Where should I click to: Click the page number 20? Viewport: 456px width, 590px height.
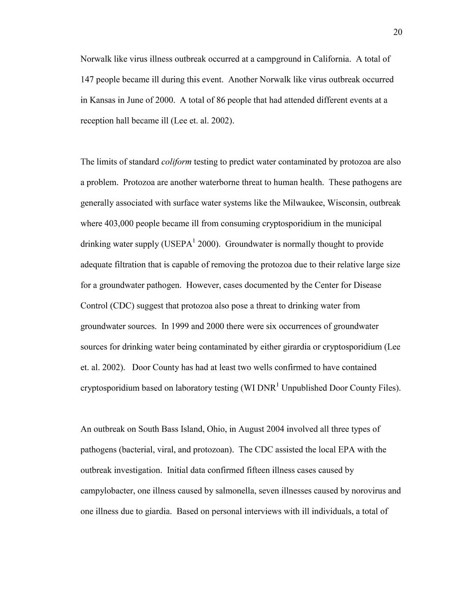[397, 32]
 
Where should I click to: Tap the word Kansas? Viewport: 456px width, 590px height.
[103, 100]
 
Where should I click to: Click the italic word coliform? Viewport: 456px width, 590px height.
[176, 162]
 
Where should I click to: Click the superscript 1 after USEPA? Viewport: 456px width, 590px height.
[194, 241]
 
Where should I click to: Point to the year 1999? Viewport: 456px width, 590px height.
[180, 326]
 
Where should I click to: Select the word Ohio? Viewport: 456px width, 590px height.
[216, 429]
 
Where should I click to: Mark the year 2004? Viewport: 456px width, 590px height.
[275, 429]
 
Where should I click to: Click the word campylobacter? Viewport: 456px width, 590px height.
[108, 491]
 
